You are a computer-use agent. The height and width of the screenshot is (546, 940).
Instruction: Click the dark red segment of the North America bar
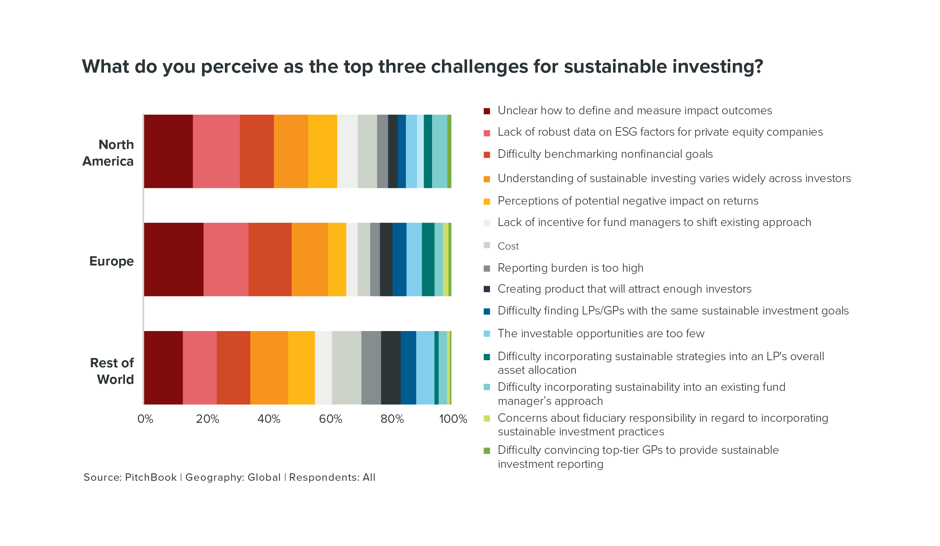pos(168,152)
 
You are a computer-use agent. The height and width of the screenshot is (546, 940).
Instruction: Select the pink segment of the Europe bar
pos(226,260)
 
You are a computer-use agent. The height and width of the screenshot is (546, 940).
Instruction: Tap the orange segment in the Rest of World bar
pos(269,368)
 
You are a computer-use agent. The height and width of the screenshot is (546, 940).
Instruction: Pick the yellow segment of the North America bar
pos(322,152)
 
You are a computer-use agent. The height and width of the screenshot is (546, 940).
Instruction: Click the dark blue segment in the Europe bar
pos(399,260)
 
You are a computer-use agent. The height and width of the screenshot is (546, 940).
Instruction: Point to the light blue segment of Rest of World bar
pos(425,368)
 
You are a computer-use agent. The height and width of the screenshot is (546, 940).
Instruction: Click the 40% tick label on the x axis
pos(269,419)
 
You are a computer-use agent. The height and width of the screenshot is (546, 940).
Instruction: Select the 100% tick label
pos(453,419)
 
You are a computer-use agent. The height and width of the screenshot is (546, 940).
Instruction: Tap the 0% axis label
pos(145,419)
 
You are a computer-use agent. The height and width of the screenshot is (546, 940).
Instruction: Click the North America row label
pos(108,153)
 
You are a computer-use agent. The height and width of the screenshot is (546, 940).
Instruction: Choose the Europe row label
pos(111,261)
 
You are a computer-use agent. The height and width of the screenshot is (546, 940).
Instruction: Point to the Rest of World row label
pos(112,371)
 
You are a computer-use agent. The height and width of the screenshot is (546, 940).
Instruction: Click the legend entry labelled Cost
pos(508,246)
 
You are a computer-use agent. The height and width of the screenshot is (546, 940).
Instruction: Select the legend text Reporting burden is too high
pos(570,268)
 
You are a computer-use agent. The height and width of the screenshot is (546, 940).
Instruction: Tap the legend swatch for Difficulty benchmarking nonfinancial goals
pos(487,155)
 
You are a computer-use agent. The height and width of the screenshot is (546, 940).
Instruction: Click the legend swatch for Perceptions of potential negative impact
pos(487,202)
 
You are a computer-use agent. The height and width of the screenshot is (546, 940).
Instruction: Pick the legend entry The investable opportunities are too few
pos(600,333)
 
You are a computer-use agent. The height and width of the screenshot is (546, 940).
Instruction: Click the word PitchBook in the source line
pos(151,477)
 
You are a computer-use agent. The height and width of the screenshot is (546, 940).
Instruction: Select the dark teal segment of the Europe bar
pos(428,260)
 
